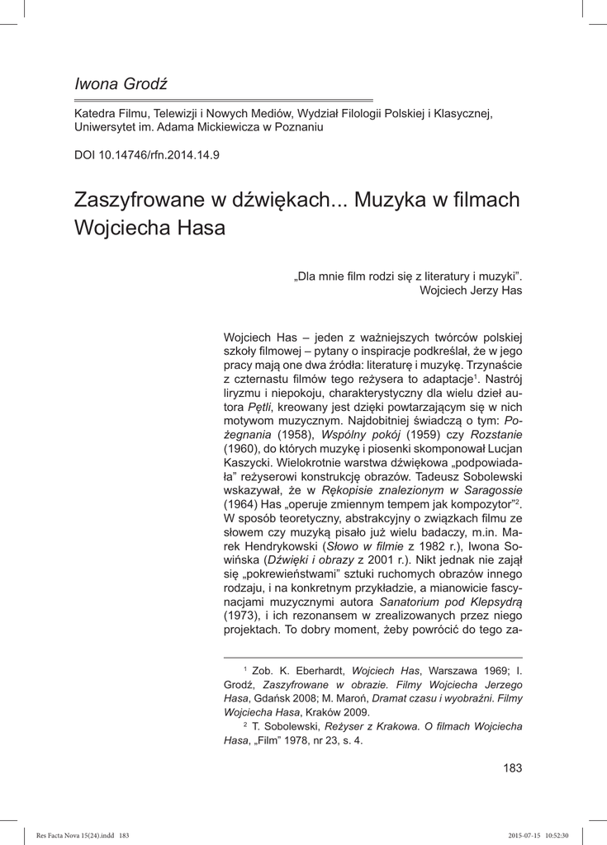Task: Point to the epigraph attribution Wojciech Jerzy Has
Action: coord(471,290)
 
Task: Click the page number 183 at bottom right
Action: coord(512,768)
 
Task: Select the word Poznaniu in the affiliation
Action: coord(296,128)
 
